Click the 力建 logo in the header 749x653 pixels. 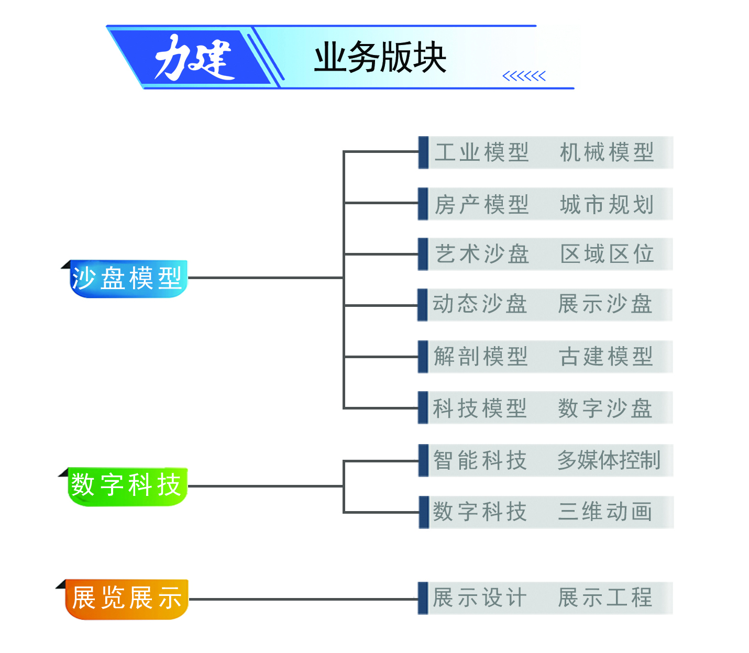194,58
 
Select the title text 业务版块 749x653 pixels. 380,58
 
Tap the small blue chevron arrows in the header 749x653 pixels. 524,76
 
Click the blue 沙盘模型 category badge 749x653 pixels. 127,278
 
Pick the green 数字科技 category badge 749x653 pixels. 126,485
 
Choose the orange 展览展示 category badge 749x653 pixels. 126,598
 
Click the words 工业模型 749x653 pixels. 481,152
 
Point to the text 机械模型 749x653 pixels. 607,152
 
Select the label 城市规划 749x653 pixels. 607,204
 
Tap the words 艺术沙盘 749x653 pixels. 481,254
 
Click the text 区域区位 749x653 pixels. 607,254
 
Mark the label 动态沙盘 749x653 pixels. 480,304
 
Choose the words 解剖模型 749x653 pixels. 480,357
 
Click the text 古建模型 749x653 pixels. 605,357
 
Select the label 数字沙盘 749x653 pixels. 605,408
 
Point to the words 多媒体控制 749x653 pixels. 608,460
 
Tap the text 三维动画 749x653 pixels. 605,512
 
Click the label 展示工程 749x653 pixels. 605,597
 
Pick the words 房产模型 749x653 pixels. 481,204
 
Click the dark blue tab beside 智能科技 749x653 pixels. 423,460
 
